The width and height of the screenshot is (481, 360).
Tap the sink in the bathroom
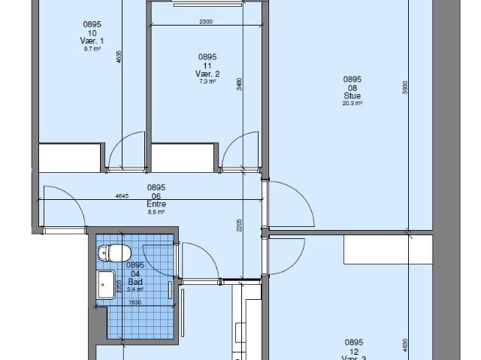click(106, 285)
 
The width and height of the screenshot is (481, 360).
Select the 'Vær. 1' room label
click(92, 41)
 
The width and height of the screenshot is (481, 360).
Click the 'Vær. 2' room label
click(207, 73)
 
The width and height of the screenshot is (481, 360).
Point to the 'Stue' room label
click(352, 95)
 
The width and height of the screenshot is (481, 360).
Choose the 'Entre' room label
click(156, 204)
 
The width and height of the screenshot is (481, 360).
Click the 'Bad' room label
click(135, 281)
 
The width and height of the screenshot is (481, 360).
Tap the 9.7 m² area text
click(92, 49)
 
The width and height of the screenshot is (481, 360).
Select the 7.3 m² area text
click(207, 81)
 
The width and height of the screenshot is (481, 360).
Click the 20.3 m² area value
click(352, 104)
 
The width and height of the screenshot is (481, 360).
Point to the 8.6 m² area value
click(156, 212)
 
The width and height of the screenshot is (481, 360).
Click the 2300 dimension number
click(206, 22)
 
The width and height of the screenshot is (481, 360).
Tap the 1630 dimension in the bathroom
click(135, 302)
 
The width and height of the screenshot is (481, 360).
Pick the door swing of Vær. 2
click(241, 150)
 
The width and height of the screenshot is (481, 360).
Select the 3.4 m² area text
click(135, 289)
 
